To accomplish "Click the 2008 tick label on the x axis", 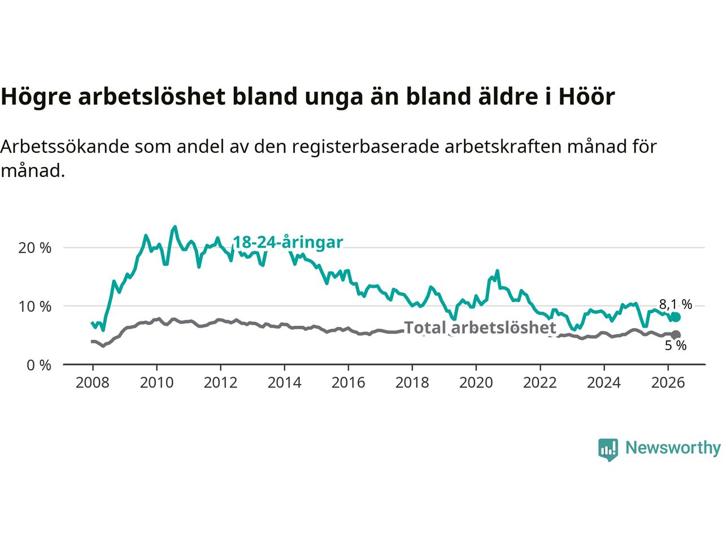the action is tap(92, 383).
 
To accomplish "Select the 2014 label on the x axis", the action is tap(284, 383).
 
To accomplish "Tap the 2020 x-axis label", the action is tap(476, 383).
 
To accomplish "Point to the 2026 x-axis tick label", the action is tap(668, 383).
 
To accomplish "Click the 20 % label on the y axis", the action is tap(34, 248).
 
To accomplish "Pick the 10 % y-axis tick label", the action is tap(34, 307).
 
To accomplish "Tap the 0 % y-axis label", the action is tap(39, 365).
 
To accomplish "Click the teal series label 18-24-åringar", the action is tap(288, 242).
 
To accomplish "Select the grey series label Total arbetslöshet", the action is tap(480, 327).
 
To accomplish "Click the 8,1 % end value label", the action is tap(676, 304).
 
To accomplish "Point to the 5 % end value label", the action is tap(676, 346).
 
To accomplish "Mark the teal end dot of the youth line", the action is tap(676, 317).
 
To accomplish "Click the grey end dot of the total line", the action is tap(676, 335).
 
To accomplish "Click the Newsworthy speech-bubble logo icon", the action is tap(608, 450).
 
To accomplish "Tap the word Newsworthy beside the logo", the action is tap(673, 448).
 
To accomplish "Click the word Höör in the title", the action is tap(586, 96).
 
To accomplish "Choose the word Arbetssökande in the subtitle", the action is tap(65, 146).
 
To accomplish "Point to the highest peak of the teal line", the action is tap(175, 226).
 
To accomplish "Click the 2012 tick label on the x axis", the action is tap(220, 383).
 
